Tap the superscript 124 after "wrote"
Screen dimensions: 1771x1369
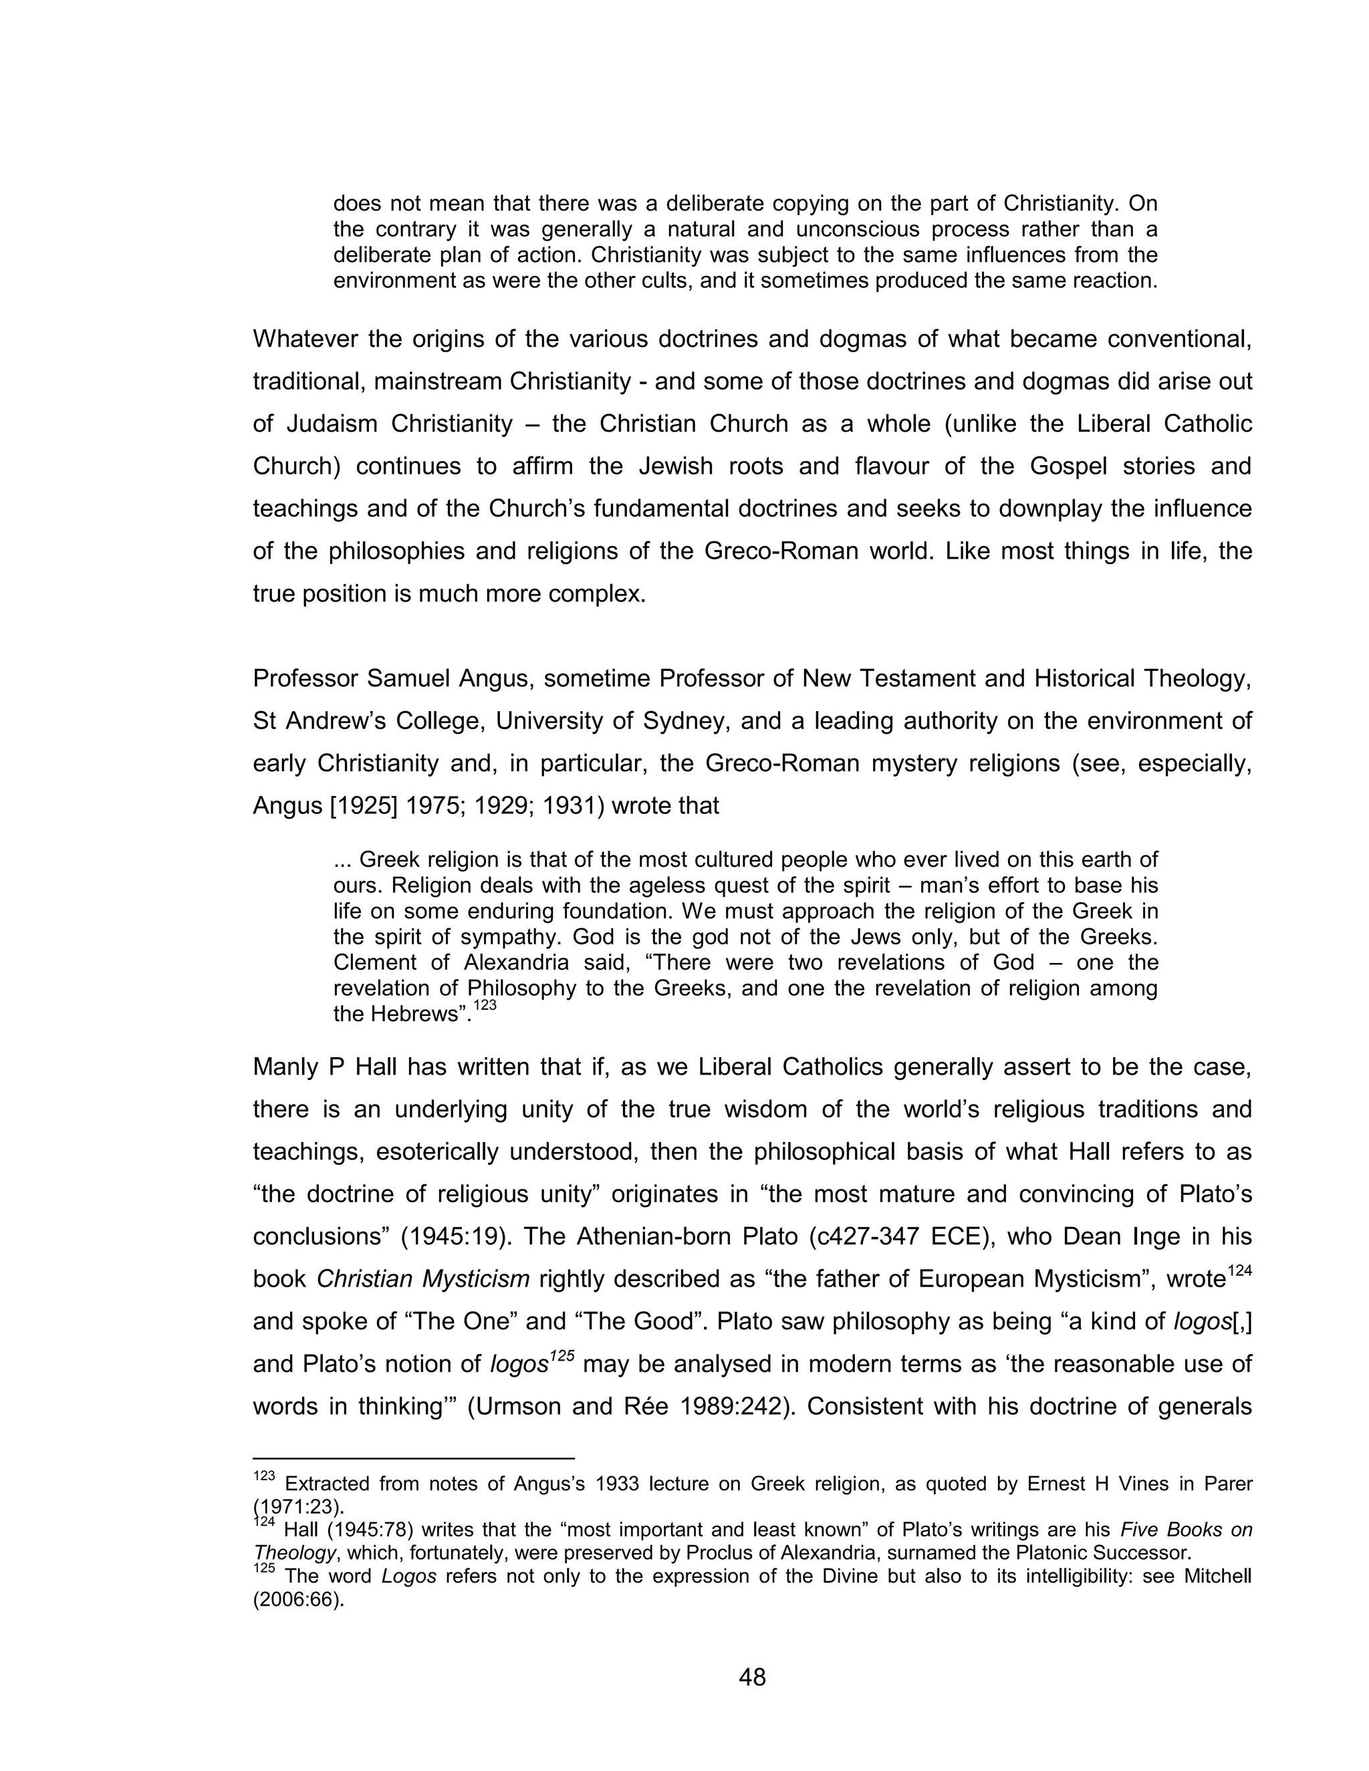coord(1239,1272)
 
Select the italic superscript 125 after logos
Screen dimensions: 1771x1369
coord(562,1356)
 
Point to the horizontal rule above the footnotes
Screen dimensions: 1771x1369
coord(414,1457)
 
